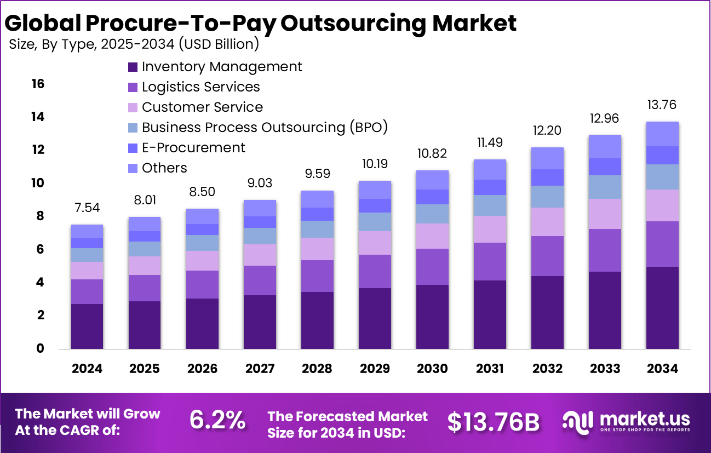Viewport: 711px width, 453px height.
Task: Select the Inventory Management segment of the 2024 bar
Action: click(87, 326)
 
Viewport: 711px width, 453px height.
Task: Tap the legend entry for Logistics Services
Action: click(200, 87)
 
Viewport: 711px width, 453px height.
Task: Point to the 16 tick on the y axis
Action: click(38, 84)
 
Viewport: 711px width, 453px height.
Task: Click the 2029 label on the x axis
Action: click(375, 369)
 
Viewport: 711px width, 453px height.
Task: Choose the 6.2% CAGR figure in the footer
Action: click(217, 420)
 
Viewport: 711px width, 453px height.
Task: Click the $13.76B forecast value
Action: click(494, 421)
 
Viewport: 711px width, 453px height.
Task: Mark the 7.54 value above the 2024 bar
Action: click(87, 208)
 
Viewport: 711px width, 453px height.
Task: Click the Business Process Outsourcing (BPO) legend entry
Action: click(265, 128)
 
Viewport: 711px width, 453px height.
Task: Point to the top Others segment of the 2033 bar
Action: click(605, 146)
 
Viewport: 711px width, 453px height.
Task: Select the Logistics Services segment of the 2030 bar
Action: click(432, 267)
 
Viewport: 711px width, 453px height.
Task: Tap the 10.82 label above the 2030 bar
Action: click(432, 153)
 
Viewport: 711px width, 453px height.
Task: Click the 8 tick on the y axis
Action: click(40, 216)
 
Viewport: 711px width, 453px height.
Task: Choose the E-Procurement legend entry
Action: click(193, 148)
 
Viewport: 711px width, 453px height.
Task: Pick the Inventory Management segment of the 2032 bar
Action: click(547, 312)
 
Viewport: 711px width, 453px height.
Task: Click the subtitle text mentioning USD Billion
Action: click(134, 44)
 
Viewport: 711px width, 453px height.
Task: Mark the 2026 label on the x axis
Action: click(202, 369)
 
